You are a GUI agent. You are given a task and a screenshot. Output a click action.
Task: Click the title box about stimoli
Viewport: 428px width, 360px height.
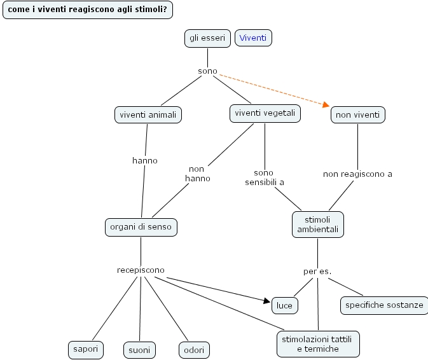click(x=88, y=10)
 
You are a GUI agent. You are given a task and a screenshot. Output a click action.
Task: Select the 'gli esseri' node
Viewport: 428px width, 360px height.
click(x=207, y=38)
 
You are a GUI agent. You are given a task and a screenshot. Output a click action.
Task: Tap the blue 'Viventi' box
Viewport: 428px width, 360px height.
click(x=253, y=38)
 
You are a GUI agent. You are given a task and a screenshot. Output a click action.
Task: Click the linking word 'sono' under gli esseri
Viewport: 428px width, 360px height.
click(x=207, y=71)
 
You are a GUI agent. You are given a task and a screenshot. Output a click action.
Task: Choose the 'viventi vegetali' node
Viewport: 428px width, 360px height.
click(x=265, y=113)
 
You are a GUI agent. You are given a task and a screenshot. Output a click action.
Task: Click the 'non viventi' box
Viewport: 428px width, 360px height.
click(x=357, y=115)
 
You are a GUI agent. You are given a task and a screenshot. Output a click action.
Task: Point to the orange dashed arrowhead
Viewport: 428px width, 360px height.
click(x=326, y=105)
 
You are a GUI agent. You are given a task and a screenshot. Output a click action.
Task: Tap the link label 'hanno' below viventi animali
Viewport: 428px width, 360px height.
click(x=145, y=160)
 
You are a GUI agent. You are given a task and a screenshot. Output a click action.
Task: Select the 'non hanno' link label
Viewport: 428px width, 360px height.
click(x=197, y=174)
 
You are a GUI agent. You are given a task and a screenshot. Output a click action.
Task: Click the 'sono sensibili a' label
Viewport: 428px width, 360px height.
click(x=264, y=177)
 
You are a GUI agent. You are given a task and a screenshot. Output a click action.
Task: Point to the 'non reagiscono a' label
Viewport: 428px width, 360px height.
click(x=357, y=174)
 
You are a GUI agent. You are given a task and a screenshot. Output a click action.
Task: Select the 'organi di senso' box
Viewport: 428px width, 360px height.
click(x=141, y=226)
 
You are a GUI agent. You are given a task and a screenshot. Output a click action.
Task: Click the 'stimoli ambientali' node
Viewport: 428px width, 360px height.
click(x=317, y=225)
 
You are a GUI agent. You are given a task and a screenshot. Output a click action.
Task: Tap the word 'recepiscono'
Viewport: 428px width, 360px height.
click(x=141, y=270)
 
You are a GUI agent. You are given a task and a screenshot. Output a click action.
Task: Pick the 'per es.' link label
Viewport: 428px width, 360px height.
click(x=317, y=272)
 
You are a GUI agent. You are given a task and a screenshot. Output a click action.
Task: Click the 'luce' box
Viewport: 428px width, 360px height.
click(x=284, y=305)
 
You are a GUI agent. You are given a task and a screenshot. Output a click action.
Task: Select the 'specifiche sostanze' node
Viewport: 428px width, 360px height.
click(x=383, y=305)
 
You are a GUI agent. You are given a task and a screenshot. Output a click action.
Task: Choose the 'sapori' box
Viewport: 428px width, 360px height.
click(x=85, y=349)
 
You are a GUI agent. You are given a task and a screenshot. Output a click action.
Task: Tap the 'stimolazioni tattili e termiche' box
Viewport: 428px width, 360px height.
click(x=317, y=344)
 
